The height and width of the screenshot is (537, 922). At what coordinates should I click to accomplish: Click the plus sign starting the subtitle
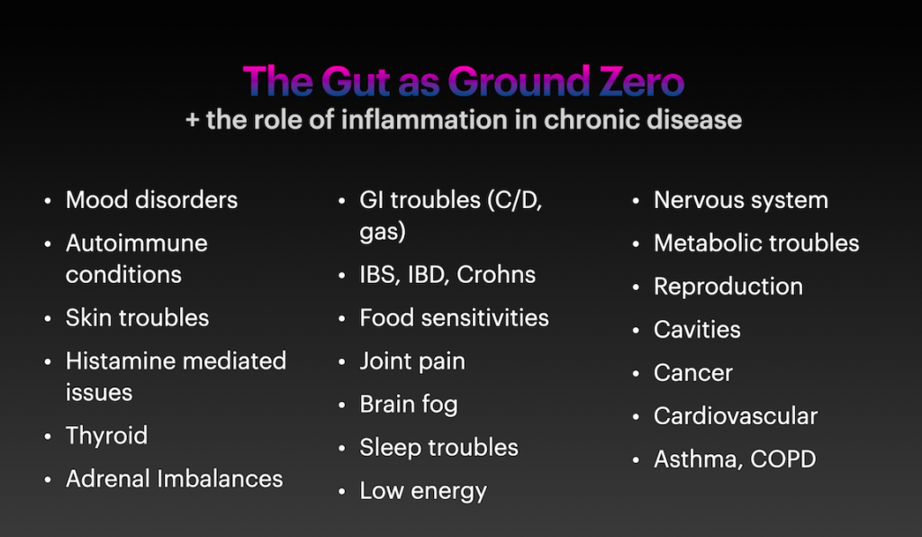click(193, 120)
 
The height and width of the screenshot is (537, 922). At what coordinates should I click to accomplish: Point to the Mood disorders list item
click(151, 200)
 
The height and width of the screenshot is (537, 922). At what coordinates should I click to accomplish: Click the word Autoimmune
click(137, 243)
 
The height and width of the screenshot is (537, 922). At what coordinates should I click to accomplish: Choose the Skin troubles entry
click(137, 318)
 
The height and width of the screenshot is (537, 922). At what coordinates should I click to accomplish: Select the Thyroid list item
click(106, 436)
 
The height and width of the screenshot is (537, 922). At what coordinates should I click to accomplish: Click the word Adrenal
click(108, 478)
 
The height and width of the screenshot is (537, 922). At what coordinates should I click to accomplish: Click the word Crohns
click(496, 275)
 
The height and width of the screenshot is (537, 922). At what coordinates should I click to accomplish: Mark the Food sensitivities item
click(454, 318)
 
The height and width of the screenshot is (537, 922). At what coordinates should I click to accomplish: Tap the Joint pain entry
click(412, 361)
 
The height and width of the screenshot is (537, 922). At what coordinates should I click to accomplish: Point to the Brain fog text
click(409, 405)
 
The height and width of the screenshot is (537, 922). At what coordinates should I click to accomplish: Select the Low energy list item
click(423, 491)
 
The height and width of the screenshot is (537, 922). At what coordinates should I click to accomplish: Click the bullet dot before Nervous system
click(636, 201)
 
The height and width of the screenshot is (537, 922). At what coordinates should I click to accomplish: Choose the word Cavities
click(697, 330)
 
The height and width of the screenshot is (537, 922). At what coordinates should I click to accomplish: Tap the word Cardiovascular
click(736, 416)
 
